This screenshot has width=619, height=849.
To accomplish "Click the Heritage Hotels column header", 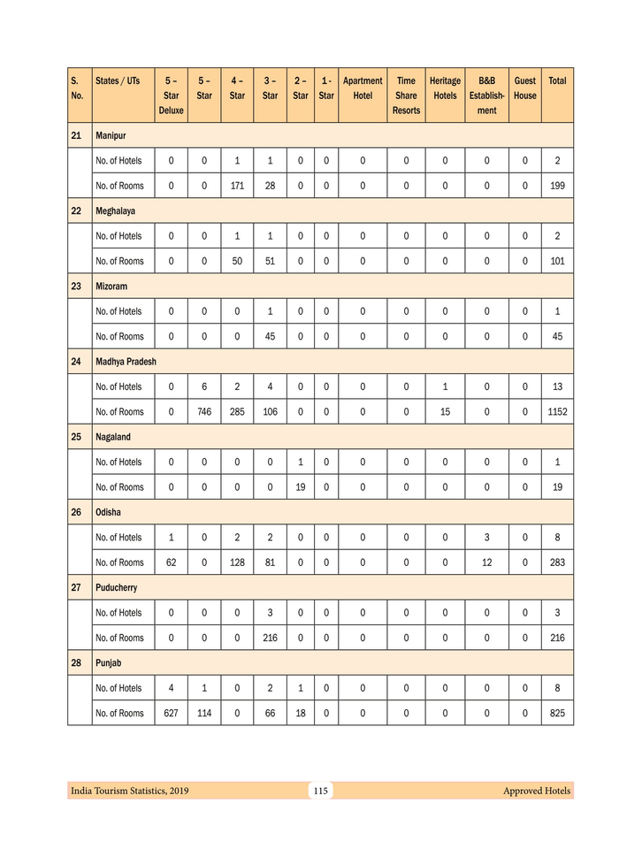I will [x=445, y=88].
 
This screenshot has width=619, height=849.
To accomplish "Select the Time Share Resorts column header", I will [x=406, y=96].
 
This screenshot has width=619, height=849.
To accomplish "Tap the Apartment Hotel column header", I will [x=362, y=88].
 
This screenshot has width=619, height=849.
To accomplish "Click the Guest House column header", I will [x=524, y=88].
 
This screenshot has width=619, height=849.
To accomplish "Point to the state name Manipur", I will [x=111, y=135].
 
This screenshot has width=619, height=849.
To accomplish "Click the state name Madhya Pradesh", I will [x=126, y=362].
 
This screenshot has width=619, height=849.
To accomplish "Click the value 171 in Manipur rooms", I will [x=237, y=186].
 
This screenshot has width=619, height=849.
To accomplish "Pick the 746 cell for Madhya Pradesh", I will [x=204, y=412].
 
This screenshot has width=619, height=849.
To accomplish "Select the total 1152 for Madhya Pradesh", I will [x=557, y=412].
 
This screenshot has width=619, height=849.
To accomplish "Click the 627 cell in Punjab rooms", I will [x=171, y=713].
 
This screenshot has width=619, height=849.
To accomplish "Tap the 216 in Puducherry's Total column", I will [x=557, y=638].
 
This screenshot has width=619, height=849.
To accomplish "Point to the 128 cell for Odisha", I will [x=237, y=562].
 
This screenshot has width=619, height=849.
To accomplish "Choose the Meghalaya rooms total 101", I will [x=557, y=261].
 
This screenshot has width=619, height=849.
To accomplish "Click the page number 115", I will [x=321, y=791].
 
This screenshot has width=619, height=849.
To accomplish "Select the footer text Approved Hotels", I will [x=537, y=791].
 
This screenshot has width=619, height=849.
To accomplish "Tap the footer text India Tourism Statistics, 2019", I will [x=130, y=791].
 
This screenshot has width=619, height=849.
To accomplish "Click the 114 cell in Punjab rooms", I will [x=204, y=713].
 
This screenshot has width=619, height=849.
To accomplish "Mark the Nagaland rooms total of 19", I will [x=557, y=487].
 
